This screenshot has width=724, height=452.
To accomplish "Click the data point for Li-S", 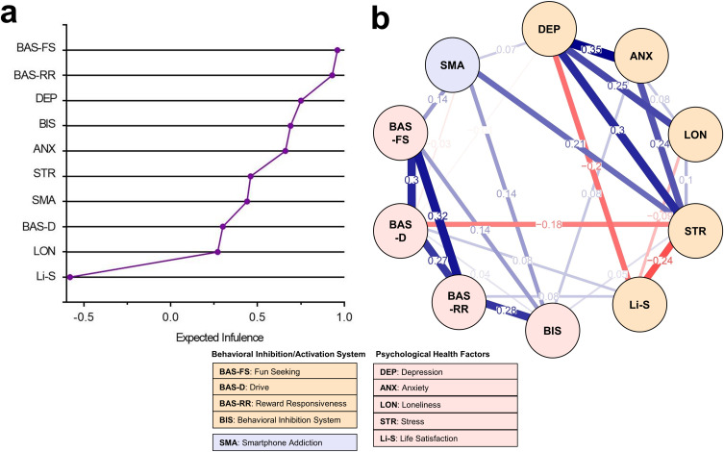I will coord(70,277).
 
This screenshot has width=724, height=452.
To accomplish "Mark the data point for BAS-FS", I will coord(337,50).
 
